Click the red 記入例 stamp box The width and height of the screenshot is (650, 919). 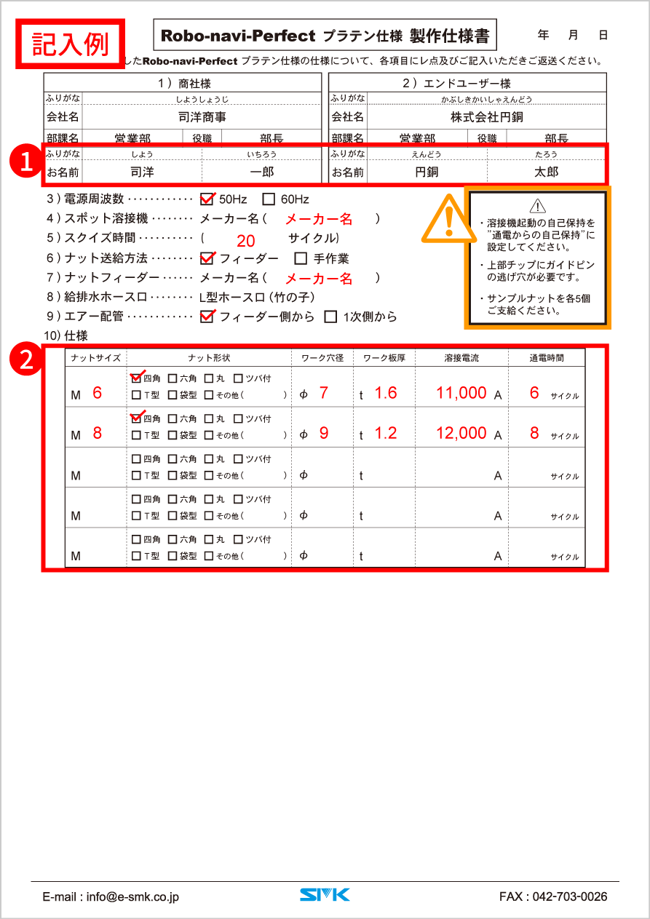[71, 44]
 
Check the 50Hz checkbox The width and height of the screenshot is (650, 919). [207, 199]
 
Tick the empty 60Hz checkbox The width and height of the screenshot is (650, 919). [269, 199]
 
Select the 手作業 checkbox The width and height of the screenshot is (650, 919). [301, 258]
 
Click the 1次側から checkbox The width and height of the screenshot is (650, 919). [330, 317]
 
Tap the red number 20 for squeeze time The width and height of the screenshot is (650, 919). [246, 242]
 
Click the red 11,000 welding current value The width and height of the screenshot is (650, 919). [461, 393]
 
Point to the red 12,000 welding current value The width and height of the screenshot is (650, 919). [461, 433]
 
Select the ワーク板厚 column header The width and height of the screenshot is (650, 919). [384, 357]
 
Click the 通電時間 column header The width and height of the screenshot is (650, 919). [546, 357]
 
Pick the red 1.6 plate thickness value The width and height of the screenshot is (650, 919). [386, 393]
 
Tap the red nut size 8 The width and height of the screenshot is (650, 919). [98, 433]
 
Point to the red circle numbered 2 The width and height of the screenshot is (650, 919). [27, 359]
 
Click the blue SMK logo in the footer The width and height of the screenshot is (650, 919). [325, 894]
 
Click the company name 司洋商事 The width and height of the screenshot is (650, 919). [202, 116]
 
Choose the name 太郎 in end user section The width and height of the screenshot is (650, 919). [545, 172]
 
